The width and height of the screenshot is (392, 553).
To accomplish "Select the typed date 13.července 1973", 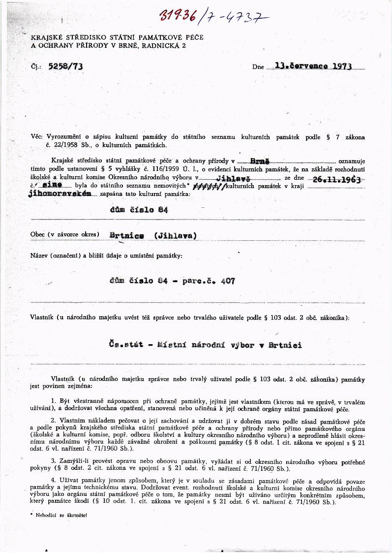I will click(x=313, y=66).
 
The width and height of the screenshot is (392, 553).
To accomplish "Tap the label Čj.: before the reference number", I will click(x=35, y=67).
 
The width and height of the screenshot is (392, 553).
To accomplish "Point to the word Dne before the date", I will click(x=258, y=67).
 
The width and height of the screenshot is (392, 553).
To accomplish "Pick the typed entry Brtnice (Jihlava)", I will click(x=153, y=235).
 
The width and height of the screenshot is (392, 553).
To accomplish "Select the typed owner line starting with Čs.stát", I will click(x=206, y=345).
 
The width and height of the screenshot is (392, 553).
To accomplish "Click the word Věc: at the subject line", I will click(x=37, y=137).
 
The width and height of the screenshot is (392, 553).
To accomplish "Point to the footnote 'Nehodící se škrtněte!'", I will click(x=58, y=515).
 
